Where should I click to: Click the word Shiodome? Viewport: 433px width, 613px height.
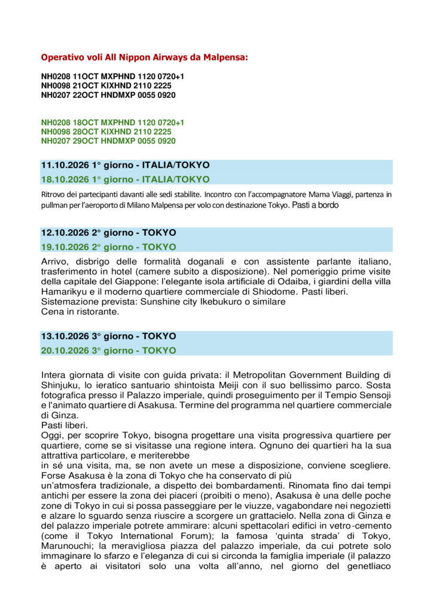point(276,292)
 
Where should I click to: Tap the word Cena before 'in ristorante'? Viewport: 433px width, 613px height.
point(52,311)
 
